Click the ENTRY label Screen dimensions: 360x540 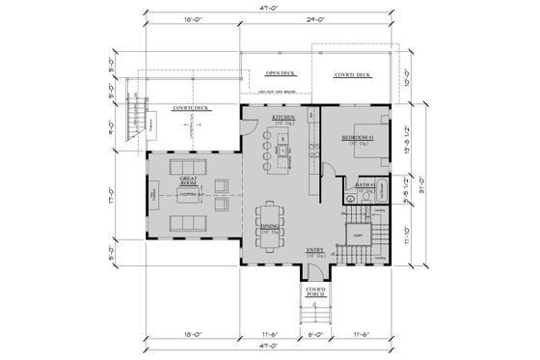pyautogui.click(x=314, y=250)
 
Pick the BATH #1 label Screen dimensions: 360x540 pyautogui.click(x=364, y=184)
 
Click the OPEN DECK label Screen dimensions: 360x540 pyautogui.click(x=280, y=73)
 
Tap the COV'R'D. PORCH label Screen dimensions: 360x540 pyautogui.click(x=314, y=291)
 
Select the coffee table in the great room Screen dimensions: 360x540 pyautogui.click(x=189, y=196)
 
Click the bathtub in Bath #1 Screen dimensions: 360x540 pyautogui.click(x=378, y=188)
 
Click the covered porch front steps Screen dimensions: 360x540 pyautogui.click(x=313, y=313)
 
